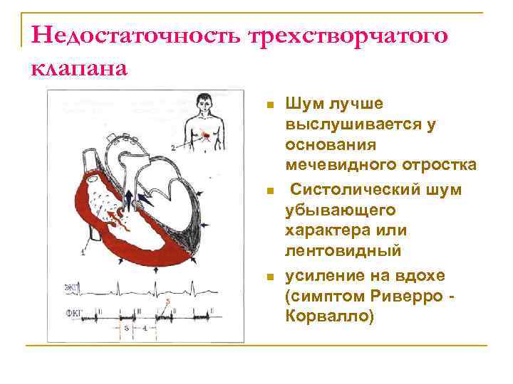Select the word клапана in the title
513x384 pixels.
(x=80, y=68)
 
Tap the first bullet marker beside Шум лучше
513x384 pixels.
(x=269, y=105)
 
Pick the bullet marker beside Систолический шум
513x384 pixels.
(x=269, y=191)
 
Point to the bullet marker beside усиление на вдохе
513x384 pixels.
(x=269, y=276)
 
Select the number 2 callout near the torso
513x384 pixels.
(x=173, y=147)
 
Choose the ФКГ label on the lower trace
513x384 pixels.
(x=72, y=311)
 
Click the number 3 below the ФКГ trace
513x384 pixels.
(x=125, y=329)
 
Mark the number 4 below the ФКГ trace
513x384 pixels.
(x=145, y=329)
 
